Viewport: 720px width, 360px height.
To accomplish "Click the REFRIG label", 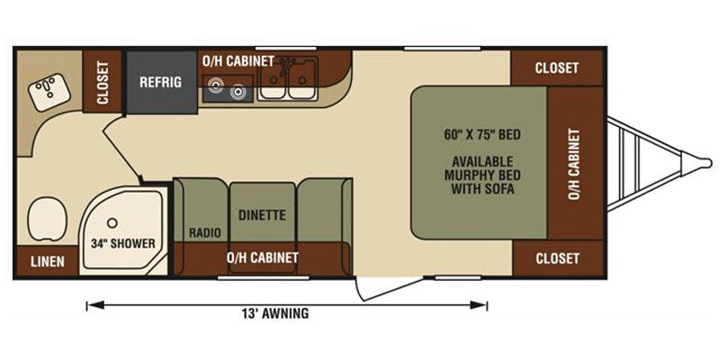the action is click(x=161, y=82).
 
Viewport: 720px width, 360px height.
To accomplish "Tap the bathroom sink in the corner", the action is click(x=49, y=94).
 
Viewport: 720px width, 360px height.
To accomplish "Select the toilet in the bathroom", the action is click(x=47, y=218).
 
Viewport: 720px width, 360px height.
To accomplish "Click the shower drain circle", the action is click(x=112, y=222).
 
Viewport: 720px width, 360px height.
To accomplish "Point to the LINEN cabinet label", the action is click(x=48, y=262).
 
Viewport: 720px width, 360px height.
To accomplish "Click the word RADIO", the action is click(x=205, y=233).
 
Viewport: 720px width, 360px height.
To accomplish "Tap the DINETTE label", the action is click(x=262, y=215).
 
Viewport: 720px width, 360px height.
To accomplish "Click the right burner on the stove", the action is click(x=238, y=92).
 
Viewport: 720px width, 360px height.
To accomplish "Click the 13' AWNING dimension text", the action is click(x=274, y=313).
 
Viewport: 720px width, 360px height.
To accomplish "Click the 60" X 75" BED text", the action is click(x=482, y=135).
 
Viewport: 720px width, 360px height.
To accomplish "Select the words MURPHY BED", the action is click(x=482, y=175).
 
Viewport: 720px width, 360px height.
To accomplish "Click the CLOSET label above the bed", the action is click(x=556, y=68).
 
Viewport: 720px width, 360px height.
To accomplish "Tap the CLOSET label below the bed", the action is click(x=557, y=258).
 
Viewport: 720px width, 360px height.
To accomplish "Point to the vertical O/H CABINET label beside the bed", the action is click(x=574, y=164).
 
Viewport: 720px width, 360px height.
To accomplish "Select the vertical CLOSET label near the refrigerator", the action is click(x=103, y=83).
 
